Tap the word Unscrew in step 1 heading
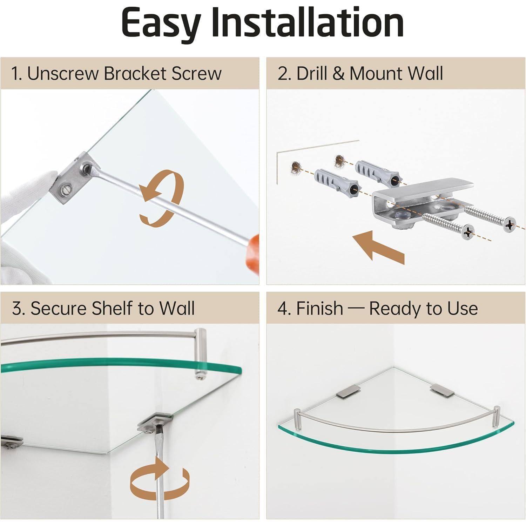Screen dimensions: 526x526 click(x=63, y=73)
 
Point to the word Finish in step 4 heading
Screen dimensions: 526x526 click(x=319, y=308)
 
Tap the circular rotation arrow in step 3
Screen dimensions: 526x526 click(x=160, y=478)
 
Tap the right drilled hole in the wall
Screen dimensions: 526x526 click(x=339, y=160)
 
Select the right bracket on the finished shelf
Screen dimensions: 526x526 click(x=441, y=390)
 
